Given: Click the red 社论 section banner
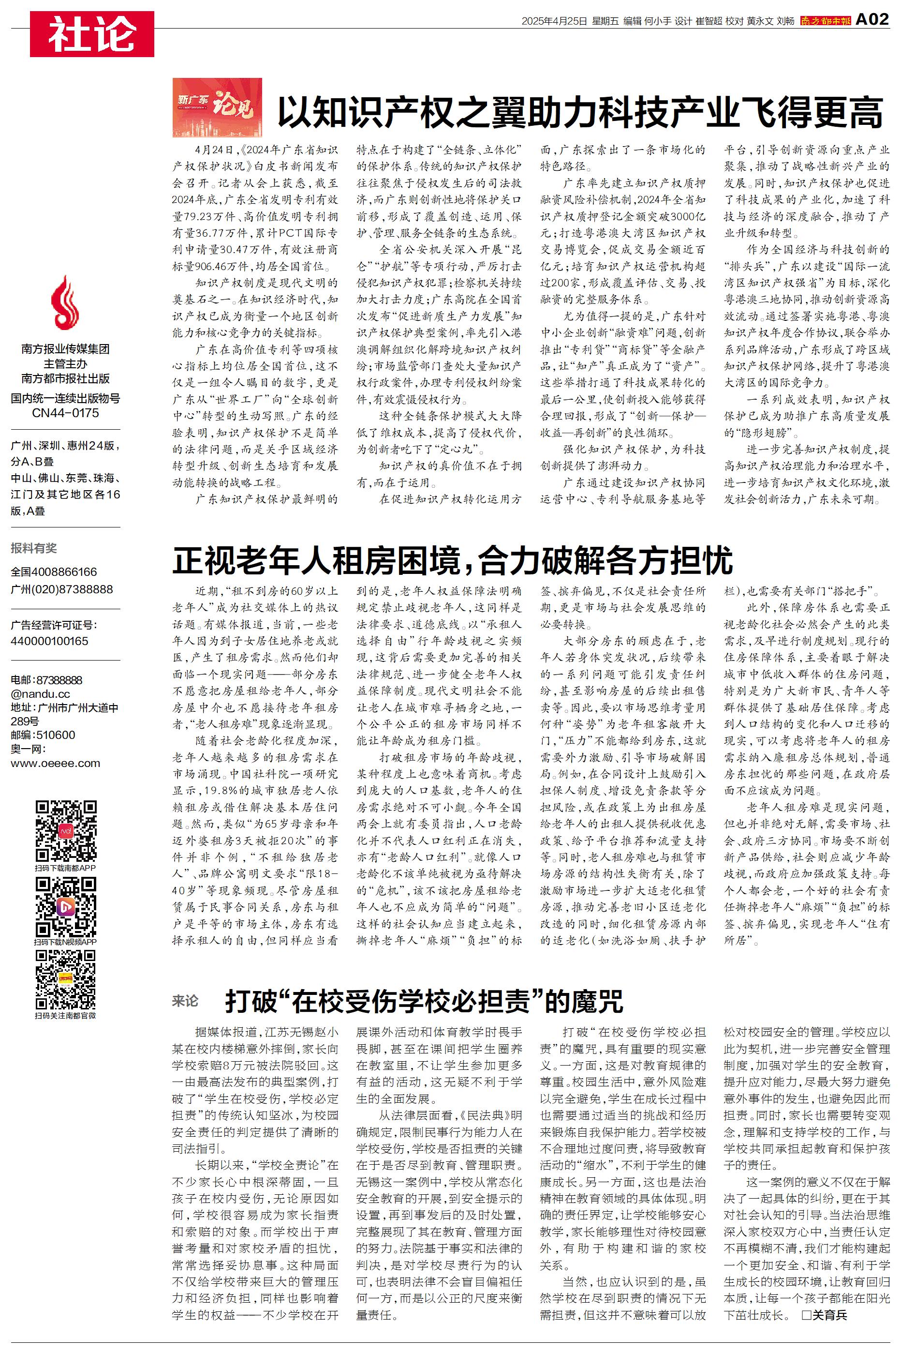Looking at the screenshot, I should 92,34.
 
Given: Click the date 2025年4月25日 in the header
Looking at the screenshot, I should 554,21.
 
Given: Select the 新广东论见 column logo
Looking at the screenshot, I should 217,107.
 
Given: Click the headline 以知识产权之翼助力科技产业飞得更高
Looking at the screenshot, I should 579,112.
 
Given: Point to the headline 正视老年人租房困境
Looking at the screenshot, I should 452,560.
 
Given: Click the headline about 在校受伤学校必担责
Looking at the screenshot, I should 424,1001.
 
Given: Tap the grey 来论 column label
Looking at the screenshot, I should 185,1001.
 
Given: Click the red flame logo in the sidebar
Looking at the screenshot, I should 65,302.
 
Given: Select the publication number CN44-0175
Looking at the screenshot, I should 65,413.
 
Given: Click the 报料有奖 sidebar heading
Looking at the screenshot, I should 34,548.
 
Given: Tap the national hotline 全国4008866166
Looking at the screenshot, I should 54,572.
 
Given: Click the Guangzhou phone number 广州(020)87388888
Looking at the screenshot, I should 61,589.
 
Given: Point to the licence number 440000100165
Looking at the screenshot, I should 49,641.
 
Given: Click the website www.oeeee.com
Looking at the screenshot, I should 55,763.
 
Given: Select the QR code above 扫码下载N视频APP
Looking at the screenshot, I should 65,907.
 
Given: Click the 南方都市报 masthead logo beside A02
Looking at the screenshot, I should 825,21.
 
